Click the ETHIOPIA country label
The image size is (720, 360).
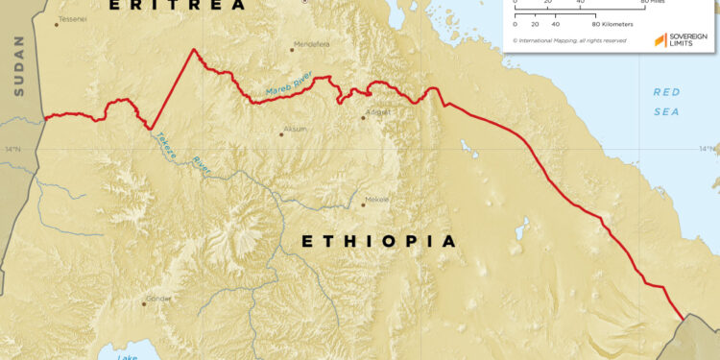click(379, 242)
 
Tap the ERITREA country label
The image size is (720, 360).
click(177, 5)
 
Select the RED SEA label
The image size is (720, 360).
click(665, 102)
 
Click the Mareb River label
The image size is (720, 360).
click(290, 89)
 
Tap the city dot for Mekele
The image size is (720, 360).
click(363, 204)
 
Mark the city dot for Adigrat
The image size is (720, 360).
click(363, 118)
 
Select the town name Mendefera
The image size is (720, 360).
click(312, 42)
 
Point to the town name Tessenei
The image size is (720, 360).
click(72, 19)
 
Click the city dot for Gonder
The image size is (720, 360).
click(145, 303)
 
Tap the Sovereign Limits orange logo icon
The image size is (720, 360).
click(660, 40)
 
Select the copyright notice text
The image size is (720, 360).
click(569, 40)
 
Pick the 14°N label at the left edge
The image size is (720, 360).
click(12, 149)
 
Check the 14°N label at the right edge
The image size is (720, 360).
click(708, 148)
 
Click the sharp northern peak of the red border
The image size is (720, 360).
click(194, 49)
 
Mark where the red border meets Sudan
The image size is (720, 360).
click(44, 118)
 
